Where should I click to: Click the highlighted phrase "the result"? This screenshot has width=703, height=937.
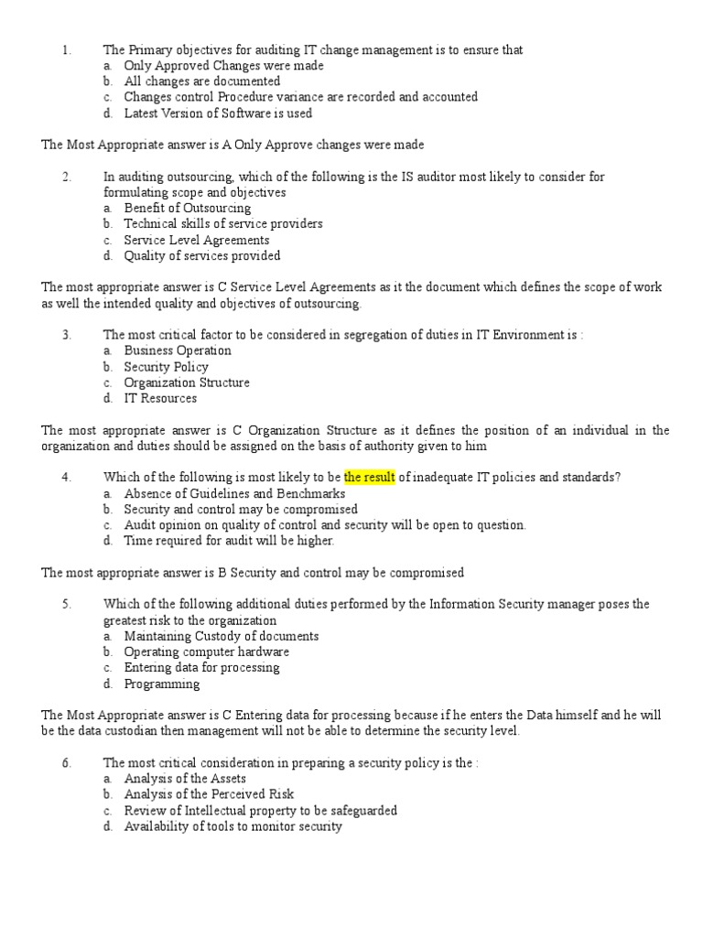coord(369,477)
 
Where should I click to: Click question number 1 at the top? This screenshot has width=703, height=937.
coord(66,50)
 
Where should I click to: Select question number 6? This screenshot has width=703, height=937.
coord(66,762)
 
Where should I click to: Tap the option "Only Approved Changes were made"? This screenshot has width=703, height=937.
coord(223,66)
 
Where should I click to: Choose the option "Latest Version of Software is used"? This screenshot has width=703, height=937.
coord(218,113)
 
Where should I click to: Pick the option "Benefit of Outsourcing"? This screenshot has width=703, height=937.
coord(188,208)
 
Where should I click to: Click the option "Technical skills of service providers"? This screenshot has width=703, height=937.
coord(223,223)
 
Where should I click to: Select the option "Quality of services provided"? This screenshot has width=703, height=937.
coord(202,255)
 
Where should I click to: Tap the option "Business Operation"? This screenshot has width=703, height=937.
coord(178,350)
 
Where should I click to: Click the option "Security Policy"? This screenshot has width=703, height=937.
coord(167,366)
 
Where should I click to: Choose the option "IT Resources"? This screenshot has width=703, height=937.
coord(160,398)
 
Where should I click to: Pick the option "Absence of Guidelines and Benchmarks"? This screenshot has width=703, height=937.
coord(234,493)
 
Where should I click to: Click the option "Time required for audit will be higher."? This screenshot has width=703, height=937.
coord(229,541)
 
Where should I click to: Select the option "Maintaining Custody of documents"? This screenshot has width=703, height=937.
coord(222,636)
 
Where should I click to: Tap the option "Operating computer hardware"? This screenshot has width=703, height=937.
coord(207,652)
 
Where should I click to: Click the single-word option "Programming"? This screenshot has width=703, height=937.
coord(162,684)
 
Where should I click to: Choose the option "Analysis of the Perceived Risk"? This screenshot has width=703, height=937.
coord(210,794)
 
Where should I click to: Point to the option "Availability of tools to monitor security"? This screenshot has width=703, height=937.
coord(233,826)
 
